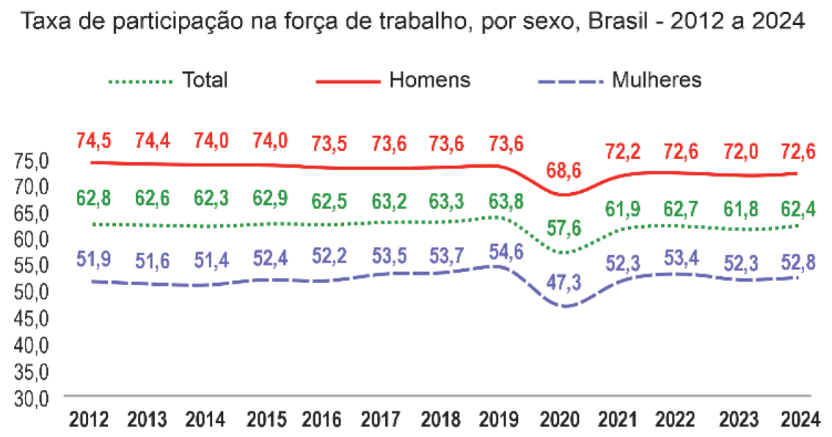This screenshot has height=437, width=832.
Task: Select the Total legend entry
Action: coord(205,80)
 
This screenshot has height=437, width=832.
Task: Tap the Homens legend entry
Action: coord(430,80)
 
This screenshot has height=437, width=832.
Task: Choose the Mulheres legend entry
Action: coord(656,80)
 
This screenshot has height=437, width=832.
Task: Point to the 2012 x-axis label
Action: coord(89,420)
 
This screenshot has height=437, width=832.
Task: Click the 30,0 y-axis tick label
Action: coord(32,398)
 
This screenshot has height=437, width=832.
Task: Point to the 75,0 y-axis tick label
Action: coord(32,161)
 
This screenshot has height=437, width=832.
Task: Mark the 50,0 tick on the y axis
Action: coord(32,293)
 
